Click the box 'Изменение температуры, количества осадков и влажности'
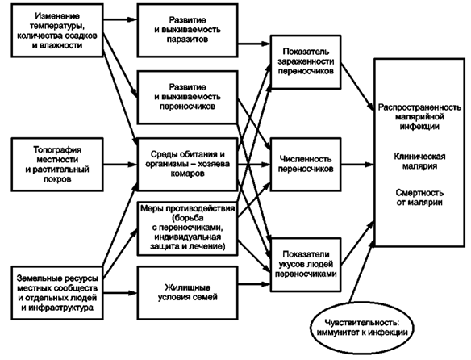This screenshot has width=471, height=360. [x=57, y=31]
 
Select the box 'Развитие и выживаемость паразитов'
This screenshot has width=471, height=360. [x=187, y=31]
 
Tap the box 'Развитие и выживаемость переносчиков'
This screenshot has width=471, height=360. [x=187, y=97]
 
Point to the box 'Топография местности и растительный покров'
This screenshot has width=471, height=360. [x=57, y=165]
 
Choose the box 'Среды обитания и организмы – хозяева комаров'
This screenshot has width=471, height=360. [x=187, y=165]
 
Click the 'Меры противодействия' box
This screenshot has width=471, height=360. [x=187, y=228]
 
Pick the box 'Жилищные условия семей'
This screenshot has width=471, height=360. [x=187, y=293]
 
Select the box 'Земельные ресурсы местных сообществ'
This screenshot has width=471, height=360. [x=57, y=293]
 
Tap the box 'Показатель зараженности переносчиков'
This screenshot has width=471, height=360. [x=306, y=62]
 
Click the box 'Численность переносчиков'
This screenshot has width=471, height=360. [x=306, y=164]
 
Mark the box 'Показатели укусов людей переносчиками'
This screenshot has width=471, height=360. [x=306, y=265]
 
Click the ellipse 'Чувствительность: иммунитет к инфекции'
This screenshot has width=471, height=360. [x=361, y=328]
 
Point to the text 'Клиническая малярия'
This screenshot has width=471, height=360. [x=419, y=161]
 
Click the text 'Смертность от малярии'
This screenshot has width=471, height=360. [x=419, y=197]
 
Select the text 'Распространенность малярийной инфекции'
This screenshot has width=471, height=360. [x=419, y=117]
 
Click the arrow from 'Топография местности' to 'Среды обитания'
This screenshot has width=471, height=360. [x=120, y=165]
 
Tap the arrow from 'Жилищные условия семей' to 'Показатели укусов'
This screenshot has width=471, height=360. [x=254, y=283]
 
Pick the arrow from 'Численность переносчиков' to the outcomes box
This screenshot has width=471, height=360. [x=357, y=165]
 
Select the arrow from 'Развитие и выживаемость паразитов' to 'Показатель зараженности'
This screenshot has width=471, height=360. [x=254, y=44]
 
